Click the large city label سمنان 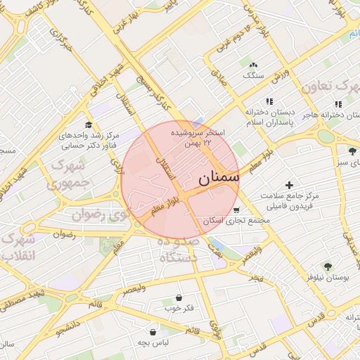click(219, 179)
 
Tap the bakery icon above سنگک click(253, 64)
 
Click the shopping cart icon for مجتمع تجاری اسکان click(236, 210)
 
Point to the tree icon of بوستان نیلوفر click(328, 266)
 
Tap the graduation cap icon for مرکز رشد click(88, 124)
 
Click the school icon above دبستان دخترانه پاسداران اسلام click(268, 101)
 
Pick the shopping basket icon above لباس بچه click(152, 331)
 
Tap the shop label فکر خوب click(179, 308)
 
